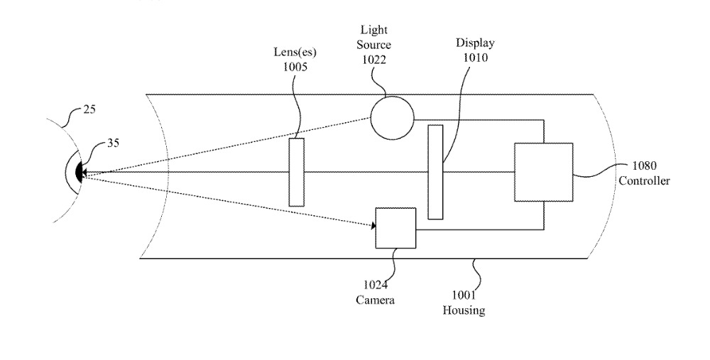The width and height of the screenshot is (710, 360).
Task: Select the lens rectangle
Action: pos(297,173)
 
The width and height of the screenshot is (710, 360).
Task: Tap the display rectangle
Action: pos(435,172)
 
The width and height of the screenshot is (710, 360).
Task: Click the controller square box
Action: pos(543,172)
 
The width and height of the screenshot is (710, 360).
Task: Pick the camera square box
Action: pos(395,228)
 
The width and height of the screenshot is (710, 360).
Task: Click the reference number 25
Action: pos(89,109)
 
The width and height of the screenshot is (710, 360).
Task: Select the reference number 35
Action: pos(113,142)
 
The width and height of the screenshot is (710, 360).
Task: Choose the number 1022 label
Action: pos(374,59)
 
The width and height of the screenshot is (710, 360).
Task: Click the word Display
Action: pos(475,43)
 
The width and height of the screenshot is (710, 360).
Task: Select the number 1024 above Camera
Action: pos(375,286)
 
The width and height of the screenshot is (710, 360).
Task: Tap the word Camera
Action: pos(375,300)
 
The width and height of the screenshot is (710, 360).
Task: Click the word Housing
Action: pos(464,310)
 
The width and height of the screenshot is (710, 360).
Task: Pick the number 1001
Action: pos(464,296)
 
